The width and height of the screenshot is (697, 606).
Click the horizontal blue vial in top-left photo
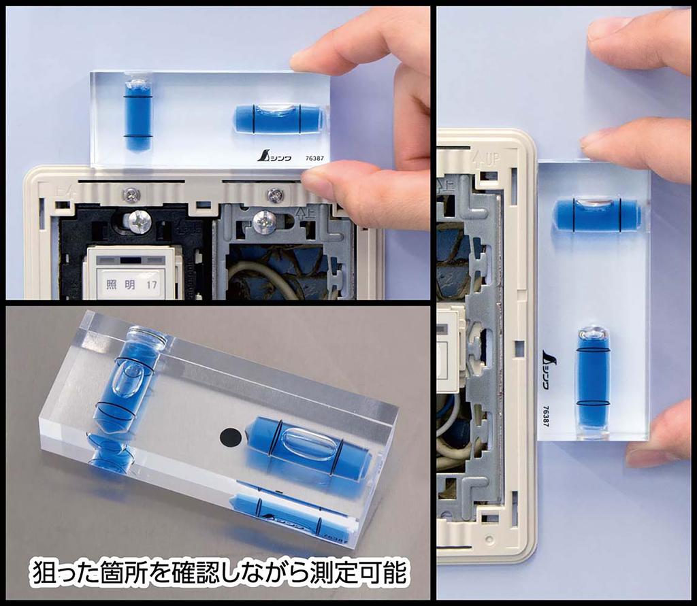(278, 118)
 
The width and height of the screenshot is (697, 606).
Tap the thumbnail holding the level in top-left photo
(319, 183)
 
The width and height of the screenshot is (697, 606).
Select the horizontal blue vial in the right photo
(596, 214)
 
